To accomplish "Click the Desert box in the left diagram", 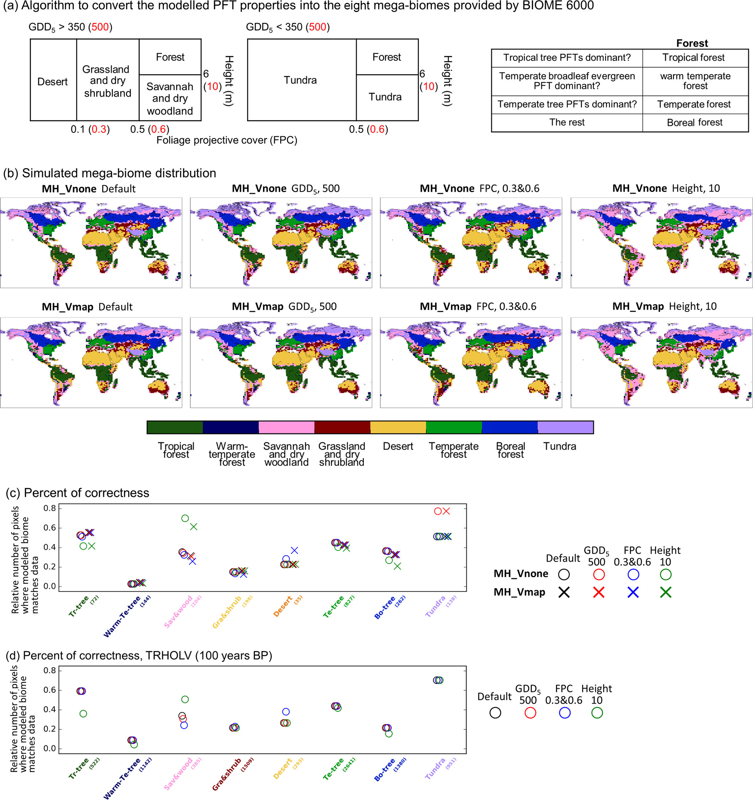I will (53, 82).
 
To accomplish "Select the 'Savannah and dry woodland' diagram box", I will (170, 98).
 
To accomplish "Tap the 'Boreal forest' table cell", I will (695, 123).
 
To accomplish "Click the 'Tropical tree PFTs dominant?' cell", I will (566, 58).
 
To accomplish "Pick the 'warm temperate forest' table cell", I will (695, 81).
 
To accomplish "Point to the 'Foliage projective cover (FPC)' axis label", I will (227, 140).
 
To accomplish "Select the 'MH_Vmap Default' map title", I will (87, 307).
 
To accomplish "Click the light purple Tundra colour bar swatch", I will (565, 427).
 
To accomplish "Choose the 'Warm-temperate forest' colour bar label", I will (232, 454).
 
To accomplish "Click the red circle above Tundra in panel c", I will (438, 512).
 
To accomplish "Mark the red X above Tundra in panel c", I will (446, 512).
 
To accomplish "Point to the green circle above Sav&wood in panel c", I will (185, 518).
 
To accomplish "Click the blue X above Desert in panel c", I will (295, 551).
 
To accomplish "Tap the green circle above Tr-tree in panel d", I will (83, 714).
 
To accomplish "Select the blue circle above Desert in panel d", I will (286, 711).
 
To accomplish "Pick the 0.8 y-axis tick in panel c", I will (50, 508).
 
